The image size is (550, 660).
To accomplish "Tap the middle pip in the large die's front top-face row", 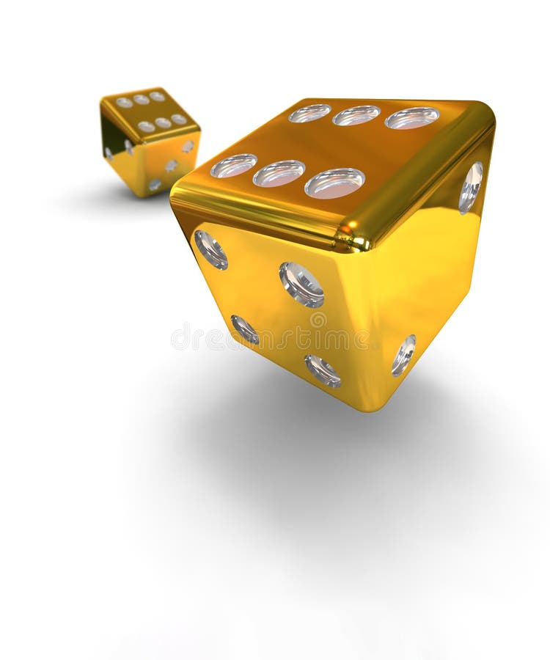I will (279, 173).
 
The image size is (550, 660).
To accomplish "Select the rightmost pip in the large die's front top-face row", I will (334, 183).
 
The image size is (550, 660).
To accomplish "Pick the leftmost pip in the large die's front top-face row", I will (234, 165).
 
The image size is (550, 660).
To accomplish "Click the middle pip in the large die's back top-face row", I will (356, 115).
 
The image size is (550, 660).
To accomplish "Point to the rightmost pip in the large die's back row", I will (412, 117).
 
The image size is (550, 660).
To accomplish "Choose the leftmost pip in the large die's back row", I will (309, 113).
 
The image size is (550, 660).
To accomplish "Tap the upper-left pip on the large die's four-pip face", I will (210, 249).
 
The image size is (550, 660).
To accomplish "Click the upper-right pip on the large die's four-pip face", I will (301, 284).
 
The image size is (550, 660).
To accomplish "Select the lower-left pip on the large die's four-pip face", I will (245, 329).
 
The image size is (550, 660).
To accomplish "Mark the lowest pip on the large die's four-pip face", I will (323, 370).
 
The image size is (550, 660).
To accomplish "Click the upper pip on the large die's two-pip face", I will (471, 187).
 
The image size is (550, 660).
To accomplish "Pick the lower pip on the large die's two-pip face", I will (403, 355).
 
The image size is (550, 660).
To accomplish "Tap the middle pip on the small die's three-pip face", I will (171, 165).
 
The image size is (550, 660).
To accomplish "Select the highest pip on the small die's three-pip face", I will (188, 146).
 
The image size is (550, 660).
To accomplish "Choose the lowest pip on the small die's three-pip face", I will (155, 185).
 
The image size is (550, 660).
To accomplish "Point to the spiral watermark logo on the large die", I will (318, 320).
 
